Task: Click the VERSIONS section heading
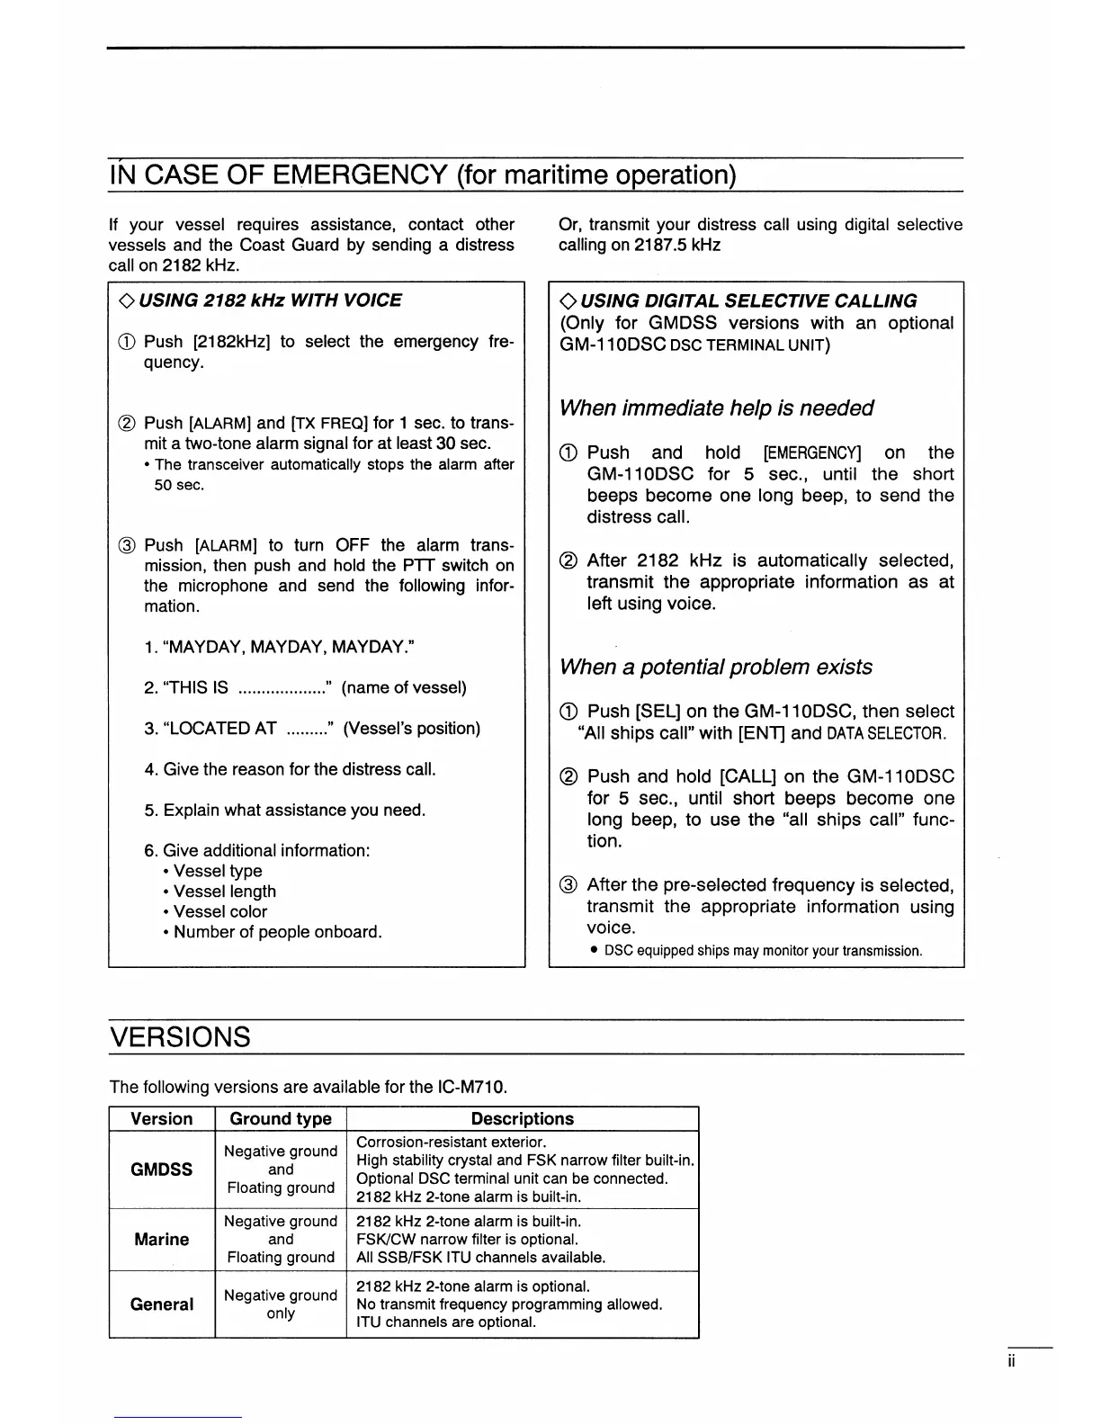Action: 180,1037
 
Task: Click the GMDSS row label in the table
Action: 162,1170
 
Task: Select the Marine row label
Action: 162,1240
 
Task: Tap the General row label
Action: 162,1304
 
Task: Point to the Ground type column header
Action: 281,1119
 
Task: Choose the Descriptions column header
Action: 522,1119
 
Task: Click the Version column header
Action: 162,1119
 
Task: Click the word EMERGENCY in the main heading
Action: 360,174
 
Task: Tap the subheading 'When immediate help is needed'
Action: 716,408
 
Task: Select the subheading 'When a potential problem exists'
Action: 716,668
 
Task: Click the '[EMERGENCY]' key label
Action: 812,453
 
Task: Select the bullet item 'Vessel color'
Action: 220,911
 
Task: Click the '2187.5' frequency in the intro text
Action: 661,246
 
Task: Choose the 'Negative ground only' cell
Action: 281,1304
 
